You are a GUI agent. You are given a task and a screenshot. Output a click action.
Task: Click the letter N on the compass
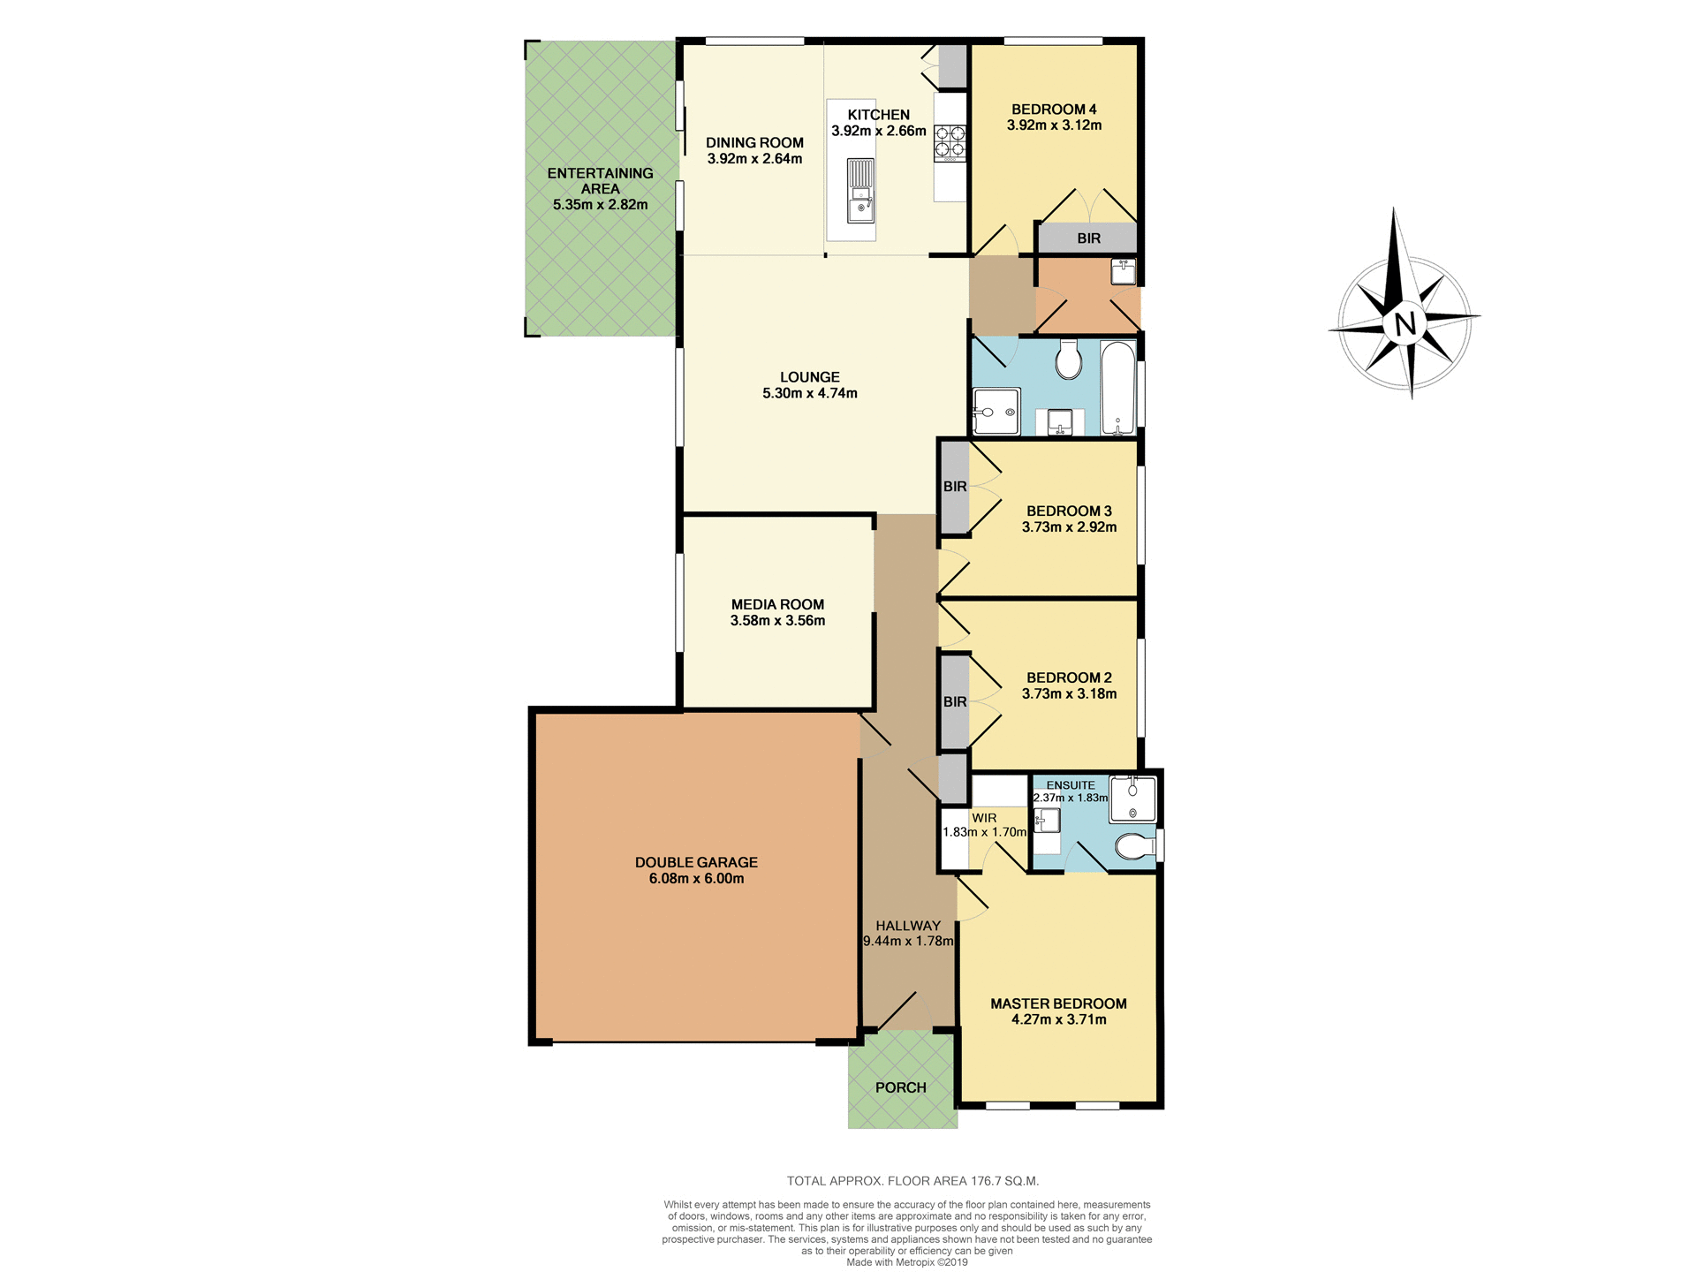pos(1404,323)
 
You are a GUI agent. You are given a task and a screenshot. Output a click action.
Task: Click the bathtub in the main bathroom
pos(1117,389)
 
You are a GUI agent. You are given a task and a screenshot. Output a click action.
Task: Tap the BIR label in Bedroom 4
pos(1088,238)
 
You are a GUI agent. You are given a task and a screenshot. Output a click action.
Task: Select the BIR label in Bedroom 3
pos(955,487)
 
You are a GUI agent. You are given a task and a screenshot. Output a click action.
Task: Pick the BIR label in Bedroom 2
pos(955,702)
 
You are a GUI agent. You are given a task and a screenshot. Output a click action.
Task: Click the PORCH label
pos(900,1087)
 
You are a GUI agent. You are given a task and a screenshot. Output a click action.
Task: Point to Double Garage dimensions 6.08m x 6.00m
pos(696,879)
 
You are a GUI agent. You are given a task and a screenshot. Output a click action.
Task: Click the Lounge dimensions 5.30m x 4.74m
pos(809,393)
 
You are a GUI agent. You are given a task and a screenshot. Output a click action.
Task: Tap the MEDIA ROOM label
pos(777,604)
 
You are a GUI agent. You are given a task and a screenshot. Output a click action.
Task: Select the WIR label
pos(984,818)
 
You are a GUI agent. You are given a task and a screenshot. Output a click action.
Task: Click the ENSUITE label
pos(1070,785)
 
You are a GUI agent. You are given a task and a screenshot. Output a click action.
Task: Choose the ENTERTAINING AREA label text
pos(600,181)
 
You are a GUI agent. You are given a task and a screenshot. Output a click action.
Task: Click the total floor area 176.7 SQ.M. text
pos(912,1181)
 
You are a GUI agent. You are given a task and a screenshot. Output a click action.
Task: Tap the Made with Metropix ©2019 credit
pos(906,1262)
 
